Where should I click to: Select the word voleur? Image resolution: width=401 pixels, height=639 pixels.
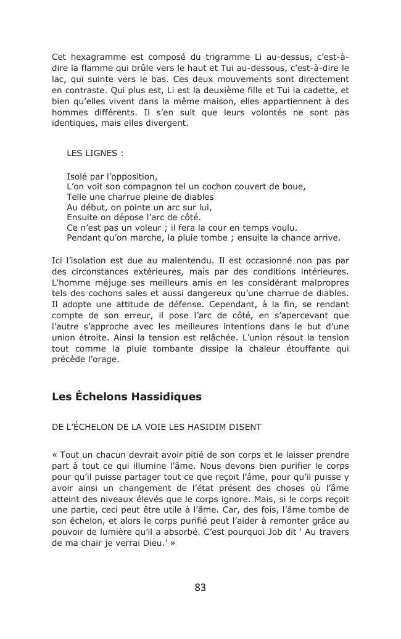point(137,227)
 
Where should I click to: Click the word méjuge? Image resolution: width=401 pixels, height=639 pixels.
point(101,282)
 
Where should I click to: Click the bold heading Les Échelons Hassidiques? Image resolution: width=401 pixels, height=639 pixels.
point(126,397)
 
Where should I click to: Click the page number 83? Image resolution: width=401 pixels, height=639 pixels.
point(200,588)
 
